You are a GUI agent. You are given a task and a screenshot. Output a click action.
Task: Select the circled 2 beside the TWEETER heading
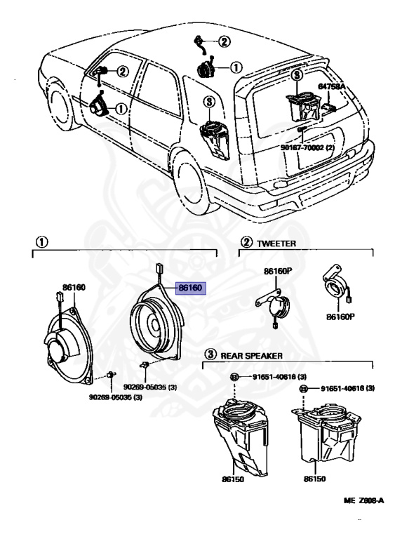[246, 243]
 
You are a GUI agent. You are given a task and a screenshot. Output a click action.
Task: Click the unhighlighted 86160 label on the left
[74, 287]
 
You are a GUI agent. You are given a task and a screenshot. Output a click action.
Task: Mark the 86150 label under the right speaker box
[316, 479]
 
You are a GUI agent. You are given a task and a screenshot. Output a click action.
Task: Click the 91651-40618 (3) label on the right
[347, 388]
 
